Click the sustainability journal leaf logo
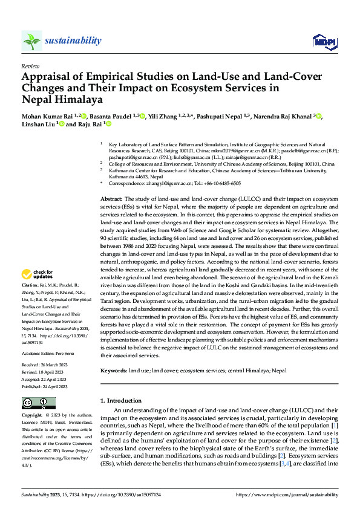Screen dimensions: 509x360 click(31, 41)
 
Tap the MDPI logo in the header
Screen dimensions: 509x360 click(321, 41)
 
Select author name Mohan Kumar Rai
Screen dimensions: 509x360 click(48, 116)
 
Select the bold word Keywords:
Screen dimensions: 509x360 click(113, 370)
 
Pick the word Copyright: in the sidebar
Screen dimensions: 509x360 click(33, 416)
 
